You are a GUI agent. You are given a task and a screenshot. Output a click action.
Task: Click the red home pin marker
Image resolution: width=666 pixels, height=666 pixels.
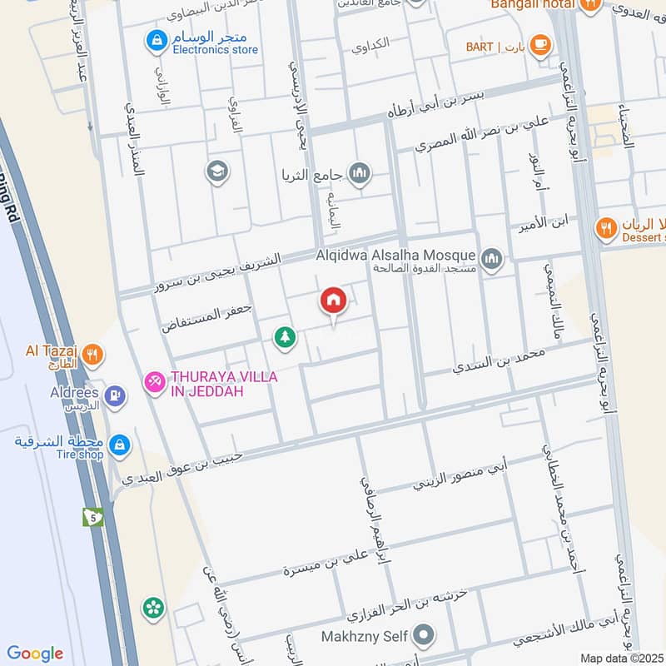point(333,301)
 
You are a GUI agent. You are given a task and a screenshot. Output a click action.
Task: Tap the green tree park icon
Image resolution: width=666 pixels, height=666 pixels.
point(286,337)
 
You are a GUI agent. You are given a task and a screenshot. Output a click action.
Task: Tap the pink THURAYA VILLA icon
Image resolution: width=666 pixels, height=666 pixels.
point(155,382)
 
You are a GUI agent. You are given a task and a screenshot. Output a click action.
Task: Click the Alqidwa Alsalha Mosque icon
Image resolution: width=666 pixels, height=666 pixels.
point(492,258)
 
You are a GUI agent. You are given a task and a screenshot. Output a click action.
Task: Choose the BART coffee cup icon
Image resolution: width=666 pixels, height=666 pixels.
point(540,45)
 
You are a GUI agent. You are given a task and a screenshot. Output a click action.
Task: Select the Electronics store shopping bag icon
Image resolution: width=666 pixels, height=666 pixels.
point(155,39)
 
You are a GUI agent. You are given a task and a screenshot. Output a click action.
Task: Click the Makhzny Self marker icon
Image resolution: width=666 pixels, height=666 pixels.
point(425,636)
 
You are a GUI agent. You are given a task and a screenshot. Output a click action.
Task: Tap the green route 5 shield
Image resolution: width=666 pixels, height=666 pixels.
point(92,516)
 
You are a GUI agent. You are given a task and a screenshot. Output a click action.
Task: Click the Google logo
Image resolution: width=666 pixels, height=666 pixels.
point(35,654)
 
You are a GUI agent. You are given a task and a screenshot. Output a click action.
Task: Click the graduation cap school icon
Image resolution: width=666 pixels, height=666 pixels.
point(216,171)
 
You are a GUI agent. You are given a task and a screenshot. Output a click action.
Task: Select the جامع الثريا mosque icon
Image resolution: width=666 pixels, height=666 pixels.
point(360,174)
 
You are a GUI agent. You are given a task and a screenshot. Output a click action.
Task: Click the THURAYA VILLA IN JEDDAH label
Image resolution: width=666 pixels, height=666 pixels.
point(223,384)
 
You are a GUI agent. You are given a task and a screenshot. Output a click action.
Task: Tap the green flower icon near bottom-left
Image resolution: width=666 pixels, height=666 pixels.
point(152,608)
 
